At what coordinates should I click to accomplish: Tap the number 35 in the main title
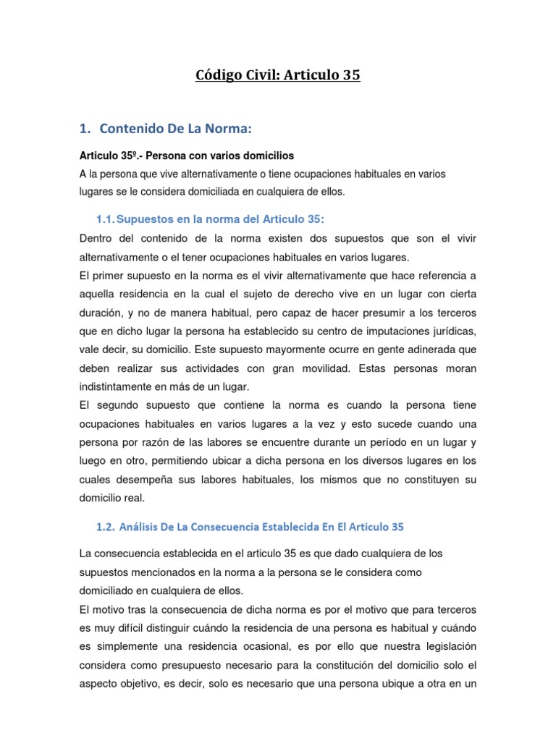(x=347, y=75)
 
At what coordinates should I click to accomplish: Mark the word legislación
(x=444, y=647)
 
